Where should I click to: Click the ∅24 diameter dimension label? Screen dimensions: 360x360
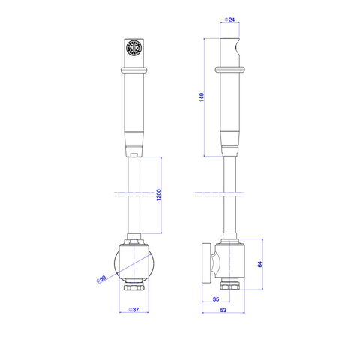click(229, 19)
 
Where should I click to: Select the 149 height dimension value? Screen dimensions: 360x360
click(202, 97)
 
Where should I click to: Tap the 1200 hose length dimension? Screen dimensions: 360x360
click(158, 195)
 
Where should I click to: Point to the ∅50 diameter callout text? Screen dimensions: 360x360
click(101, 279)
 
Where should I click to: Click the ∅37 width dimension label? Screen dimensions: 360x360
click(133, 310)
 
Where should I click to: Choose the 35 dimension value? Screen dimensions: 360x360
click(216, 299)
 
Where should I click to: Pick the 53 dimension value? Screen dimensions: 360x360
click(223, 310)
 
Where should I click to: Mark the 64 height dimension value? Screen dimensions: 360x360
click(260, 264)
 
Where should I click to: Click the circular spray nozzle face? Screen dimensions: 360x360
click(134, 48)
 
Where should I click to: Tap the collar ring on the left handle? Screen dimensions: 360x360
click(134, 70)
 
